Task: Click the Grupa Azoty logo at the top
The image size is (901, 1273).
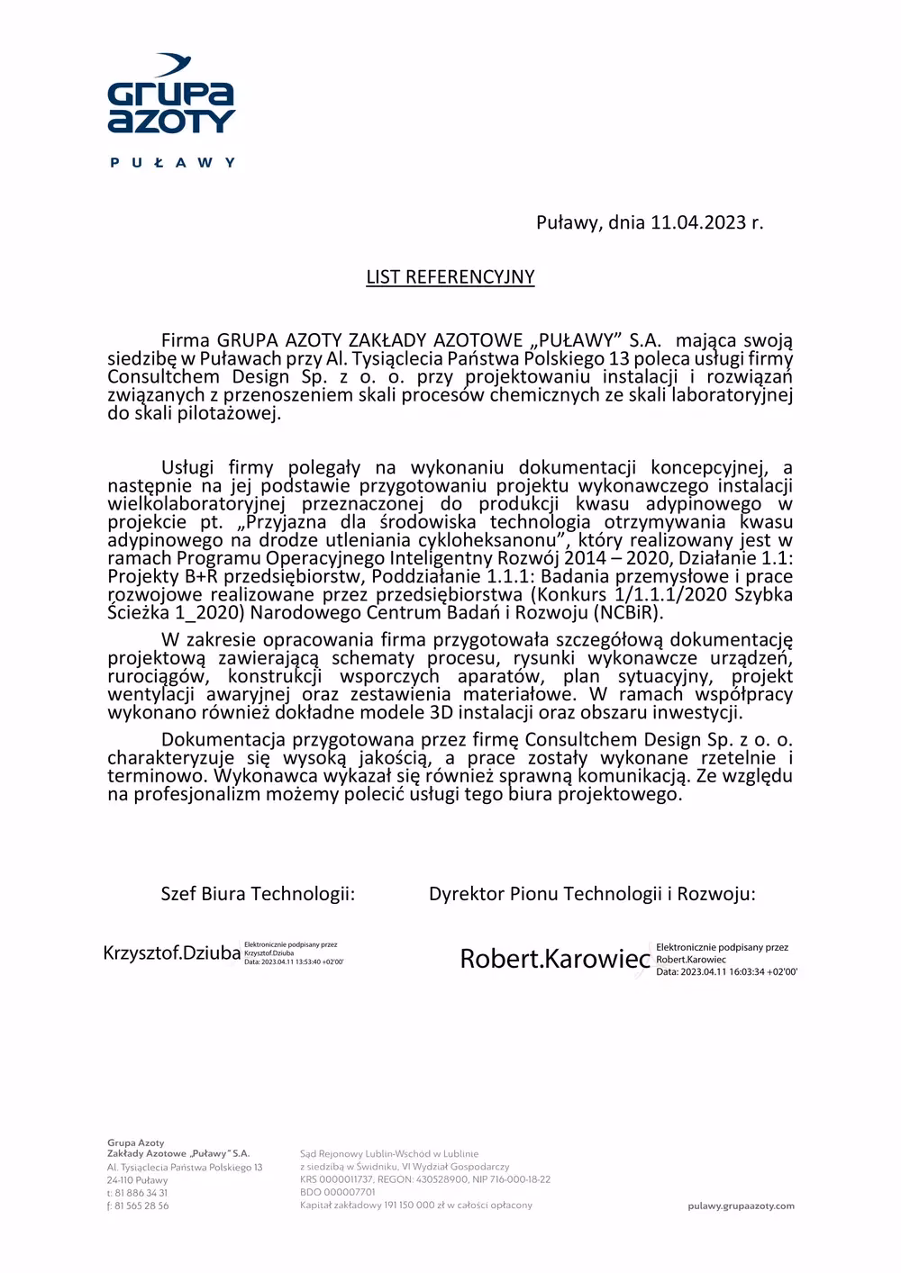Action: click(171, 97)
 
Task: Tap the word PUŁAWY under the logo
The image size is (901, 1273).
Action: click(172, 163)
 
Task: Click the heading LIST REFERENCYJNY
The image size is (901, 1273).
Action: click(450, 276)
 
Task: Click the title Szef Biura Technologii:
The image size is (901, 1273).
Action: click(258, 894)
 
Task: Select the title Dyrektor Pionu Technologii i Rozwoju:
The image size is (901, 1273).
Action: click(592, 894)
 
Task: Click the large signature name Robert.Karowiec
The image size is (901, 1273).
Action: click(555, 959)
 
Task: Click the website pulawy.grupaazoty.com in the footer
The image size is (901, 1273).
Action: click(741, 1205)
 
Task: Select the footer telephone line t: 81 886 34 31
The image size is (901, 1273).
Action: click(137, 1193)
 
